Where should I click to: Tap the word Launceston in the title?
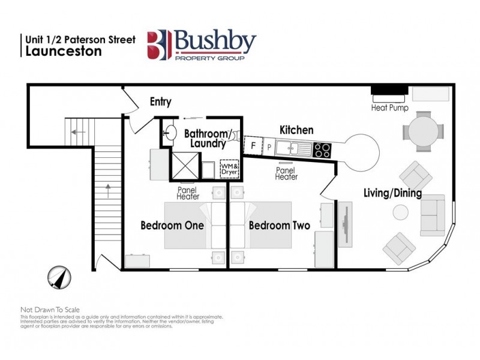(64, 51)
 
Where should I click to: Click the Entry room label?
(160, 102)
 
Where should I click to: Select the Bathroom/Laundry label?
(205, 138)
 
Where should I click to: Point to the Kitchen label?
(296, 130)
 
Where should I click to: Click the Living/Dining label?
(392, 193)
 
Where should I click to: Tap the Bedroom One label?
(172, 226)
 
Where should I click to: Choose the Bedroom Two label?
(279, 226)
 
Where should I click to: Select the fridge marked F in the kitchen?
(254, 145)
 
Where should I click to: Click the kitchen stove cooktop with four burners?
(322, 149)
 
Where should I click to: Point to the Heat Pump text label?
(390, 108)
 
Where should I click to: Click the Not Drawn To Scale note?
(50, 310)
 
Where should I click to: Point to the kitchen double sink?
(292, 146)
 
